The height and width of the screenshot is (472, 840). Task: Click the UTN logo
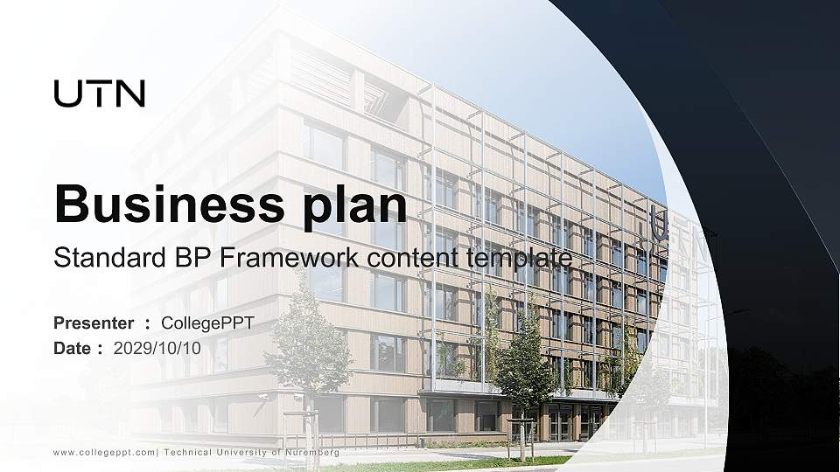coord(100,94)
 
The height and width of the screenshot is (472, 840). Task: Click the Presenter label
coord(94,323)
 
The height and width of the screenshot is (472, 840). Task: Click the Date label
coord(73,348)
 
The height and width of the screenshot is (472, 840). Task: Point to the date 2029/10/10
coord(157,348)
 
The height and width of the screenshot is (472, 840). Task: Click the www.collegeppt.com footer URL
coord(104,453)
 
